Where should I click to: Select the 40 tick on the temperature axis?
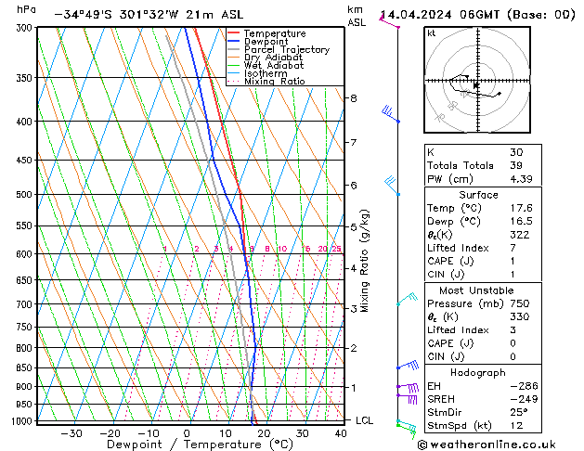point(342,433)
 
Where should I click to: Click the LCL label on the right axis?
point(365,420)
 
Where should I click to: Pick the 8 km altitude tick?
point(353,98)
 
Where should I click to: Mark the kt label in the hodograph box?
point(432,33)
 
